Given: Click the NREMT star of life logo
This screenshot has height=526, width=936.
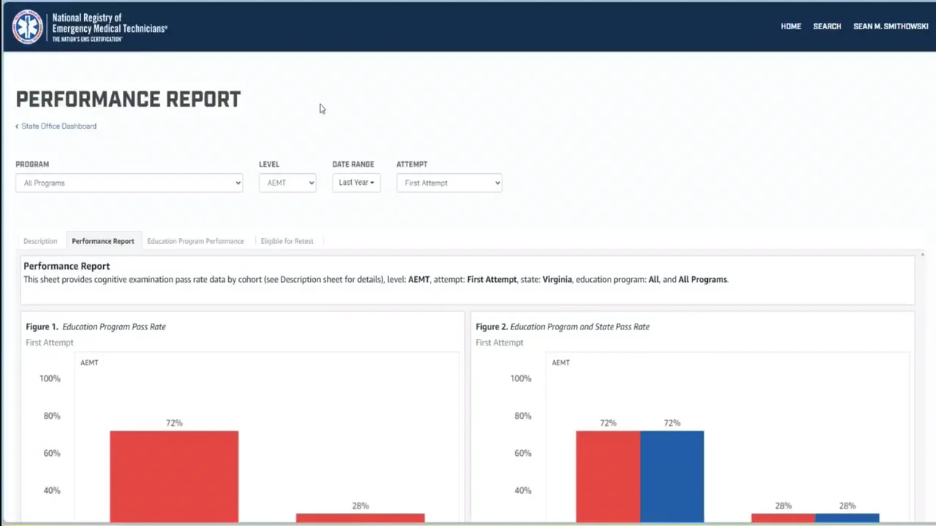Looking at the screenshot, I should [x=28, y=27].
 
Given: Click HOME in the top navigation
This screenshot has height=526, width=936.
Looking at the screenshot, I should [x=790, y=26].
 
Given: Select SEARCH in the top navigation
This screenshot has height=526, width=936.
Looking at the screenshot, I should [x=827, y=26].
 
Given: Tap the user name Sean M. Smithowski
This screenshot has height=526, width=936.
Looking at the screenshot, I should [x=891, y=26].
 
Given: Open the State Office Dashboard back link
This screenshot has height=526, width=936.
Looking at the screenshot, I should [x=58, y=126].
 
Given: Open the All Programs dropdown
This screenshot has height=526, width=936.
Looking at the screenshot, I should [x=129, y=183].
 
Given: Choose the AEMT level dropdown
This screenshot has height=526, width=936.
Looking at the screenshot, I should [x=287, y=183].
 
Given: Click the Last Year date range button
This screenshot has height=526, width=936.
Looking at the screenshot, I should [x=356, y=183].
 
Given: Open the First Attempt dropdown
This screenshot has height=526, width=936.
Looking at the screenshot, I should [x=449, y=183].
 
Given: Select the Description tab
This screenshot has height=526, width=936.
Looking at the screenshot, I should [x=40, y=241].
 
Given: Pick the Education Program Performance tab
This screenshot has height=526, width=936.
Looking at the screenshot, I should [x=195, y=241].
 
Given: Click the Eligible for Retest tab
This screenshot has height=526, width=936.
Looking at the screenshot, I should [x=287, y=241].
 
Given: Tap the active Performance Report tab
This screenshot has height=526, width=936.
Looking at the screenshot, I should [x=103, y=241].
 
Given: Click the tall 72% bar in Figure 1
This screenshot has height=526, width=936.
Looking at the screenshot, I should [x=174, y=475].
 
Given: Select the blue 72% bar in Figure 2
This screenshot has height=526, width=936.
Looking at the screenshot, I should [x=672, y=475].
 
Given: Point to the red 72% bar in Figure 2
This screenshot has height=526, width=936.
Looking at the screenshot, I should [x=608, y=475].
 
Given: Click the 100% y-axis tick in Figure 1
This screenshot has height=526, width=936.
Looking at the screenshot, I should [x=50, y=378].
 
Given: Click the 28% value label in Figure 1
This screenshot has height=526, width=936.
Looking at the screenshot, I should [x=360, y=506].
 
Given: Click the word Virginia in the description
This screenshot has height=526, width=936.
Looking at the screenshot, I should [x=556, y=279].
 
